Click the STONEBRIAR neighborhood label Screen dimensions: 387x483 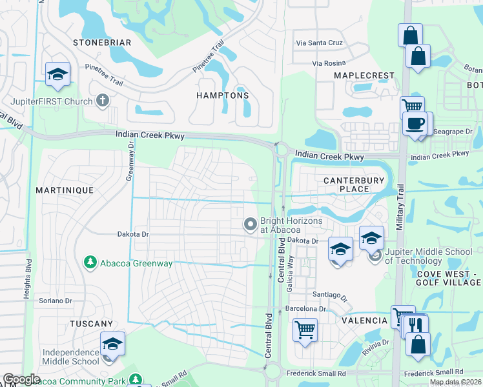pyautogui.click(x=102, y=43)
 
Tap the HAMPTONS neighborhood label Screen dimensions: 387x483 pyautogui.click(x=222, y=95)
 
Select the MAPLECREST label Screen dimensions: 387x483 pyautogui.click(x=364, y=75)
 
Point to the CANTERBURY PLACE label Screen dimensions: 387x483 pyautogui.click(x=355, y=184)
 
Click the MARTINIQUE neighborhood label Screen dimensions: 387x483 pyautogui.click(x=65, y=190)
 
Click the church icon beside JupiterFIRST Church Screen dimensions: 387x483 pyautogui.click(x=101, y=100)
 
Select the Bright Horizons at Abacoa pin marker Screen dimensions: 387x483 pyautogui.click(x=250, y=224)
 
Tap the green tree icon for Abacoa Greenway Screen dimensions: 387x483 pyautogui.click(x=90, y=262)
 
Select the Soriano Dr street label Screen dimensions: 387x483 pyautogui.click(x=55, y=301)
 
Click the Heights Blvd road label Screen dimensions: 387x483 pyautogui.click(x=28, y=279)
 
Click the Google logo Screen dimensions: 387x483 pyautogui.click(x=21, y=379)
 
